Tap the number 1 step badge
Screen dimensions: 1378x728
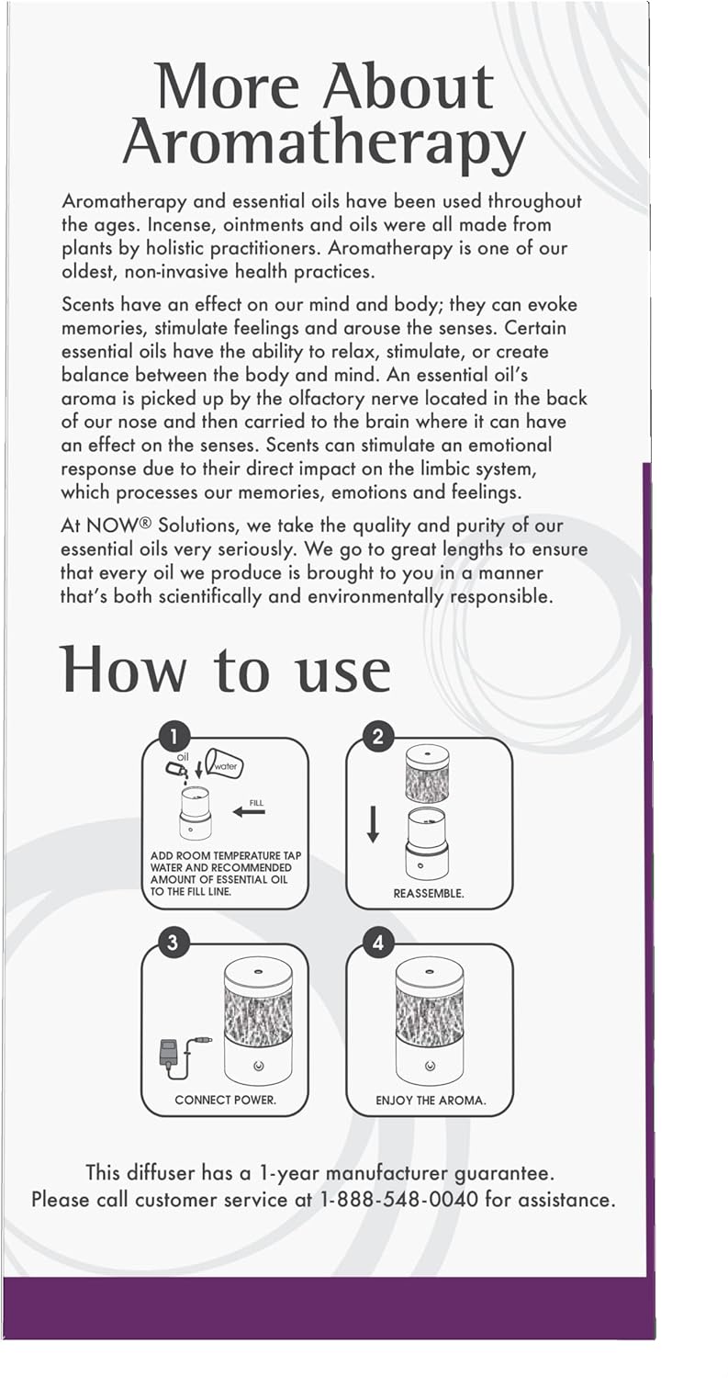tap(174, 735)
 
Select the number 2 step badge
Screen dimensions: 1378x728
tap(378, 735)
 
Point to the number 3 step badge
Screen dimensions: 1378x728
tap(174, 942)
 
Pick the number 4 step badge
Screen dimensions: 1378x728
tap(378, 942)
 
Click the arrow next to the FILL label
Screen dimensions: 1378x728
tap(248, 811)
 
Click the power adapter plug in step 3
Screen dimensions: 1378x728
tap(170, 1050)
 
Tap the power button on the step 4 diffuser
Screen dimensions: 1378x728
tap(430, 1066)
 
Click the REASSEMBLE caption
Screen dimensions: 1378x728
tap(429, 893)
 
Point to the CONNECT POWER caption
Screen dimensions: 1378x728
tap(225, 1100)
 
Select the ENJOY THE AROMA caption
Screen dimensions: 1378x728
tap(431, 1100)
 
